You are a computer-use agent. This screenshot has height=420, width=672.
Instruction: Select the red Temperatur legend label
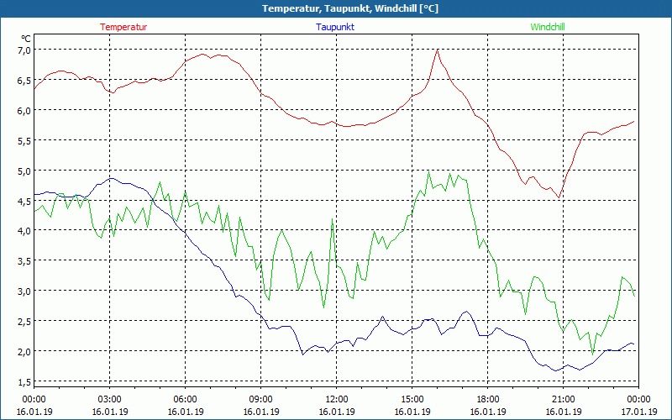click(123, 27)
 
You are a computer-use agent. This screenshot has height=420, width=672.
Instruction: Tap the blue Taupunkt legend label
click(335, 27)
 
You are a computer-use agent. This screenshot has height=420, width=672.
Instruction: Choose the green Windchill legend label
click(548, 27)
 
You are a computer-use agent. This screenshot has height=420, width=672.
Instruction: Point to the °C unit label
click(26, 39)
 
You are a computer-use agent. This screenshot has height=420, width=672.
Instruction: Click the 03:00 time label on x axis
click(109, 399)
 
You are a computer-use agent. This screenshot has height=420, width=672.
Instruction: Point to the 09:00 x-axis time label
click(260, 399)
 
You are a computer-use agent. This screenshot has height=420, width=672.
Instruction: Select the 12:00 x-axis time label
click(336, 399)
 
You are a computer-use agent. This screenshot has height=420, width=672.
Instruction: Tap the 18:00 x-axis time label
click(487, 399)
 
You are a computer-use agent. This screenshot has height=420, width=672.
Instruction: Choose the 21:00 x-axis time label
click(563, 399)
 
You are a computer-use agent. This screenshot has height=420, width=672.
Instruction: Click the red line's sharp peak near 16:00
click(438, 50)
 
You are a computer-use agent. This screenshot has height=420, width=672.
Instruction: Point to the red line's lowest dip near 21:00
click(559, 197)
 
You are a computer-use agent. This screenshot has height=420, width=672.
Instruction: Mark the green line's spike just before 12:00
click(333, 220)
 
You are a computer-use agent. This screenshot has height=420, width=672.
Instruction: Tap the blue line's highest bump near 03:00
click(111, 178)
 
